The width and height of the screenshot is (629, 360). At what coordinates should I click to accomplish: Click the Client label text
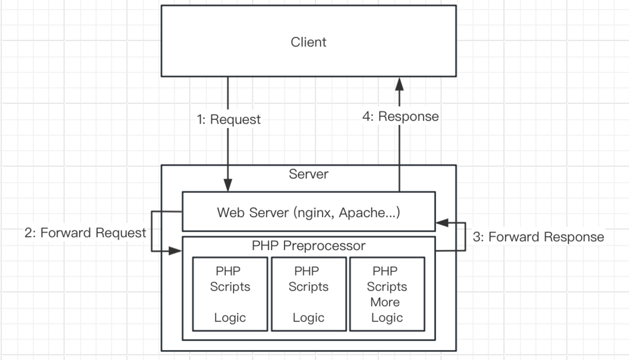308,42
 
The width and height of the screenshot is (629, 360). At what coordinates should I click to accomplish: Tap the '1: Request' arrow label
229,119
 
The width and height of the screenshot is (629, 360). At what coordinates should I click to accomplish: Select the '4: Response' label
400,116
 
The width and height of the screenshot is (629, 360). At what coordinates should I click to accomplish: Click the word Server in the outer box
308,174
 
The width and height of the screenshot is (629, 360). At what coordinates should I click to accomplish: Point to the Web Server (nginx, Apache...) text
308,213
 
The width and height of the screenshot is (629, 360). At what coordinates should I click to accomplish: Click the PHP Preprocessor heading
308,246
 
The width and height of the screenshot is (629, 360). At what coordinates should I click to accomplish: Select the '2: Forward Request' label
85,232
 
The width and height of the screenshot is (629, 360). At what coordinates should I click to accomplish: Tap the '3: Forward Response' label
538,237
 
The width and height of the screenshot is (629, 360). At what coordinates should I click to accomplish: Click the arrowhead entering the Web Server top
228,185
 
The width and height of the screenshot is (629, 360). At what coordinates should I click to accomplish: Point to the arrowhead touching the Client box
399,84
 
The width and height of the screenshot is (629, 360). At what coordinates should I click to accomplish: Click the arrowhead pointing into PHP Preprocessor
175,251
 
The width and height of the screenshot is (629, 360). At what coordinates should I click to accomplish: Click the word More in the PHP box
385,302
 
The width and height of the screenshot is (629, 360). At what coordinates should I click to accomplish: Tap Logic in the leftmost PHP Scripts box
230,317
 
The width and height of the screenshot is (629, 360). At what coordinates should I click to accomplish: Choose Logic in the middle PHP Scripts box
308,317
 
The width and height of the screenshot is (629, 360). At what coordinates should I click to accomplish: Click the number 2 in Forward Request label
29,232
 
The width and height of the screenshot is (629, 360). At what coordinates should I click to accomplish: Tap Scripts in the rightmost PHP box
387,287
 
